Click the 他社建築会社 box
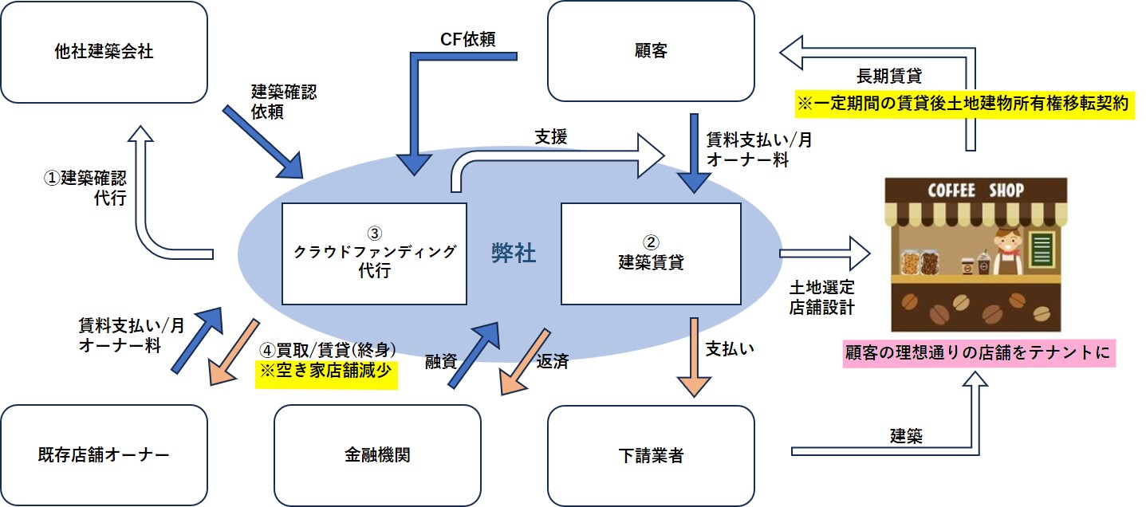click(x=104, y=53)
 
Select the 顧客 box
click(x=652, y=53)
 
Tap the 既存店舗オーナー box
click(x=104, y=455)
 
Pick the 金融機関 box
click(x=377, y=455)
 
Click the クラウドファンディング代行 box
click(x=375, y=253)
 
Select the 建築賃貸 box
click(x=651, y=253)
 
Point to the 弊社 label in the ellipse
click(x=514, y=254)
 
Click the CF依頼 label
click(x=467, y=39)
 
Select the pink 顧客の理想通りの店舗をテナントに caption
click(x=979, y=352)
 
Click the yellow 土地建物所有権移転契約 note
click(x=964, y=105)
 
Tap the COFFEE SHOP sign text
click(x=975, y=191)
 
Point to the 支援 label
click(x=551, y=136)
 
